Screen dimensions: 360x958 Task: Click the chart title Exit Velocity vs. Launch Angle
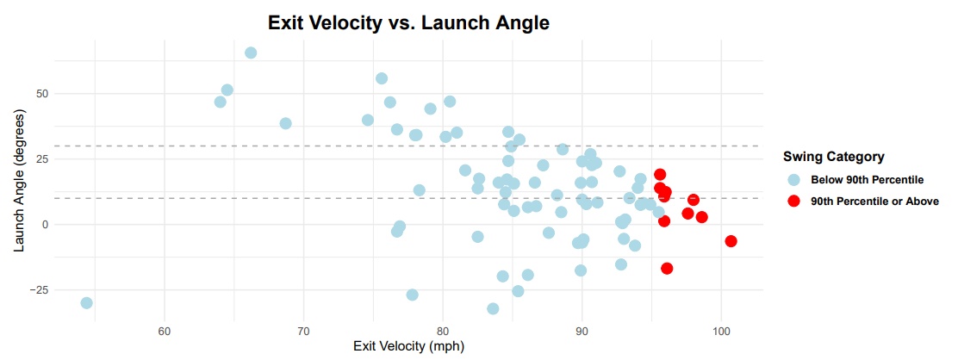[x=408, y=22]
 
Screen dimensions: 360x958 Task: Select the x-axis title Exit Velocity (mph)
[x=408, y=346]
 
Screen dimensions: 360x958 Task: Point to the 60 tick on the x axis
[x=164, y=330]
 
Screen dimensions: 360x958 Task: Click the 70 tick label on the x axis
[x=303, y=330]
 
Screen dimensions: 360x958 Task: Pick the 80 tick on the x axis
[x=443, y=330]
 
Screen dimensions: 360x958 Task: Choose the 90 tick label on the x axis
[x=582, y=330]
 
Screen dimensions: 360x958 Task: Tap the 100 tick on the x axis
[x=721, y=330]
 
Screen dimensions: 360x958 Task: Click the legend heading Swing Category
[x=833, y=157]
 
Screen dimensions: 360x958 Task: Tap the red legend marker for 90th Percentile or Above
[x=793, y=202]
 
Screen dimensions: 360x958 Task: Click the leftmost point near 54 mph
[x=86, y=303]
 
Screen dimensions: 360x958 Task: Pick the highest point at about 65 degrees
[x=251, y=53]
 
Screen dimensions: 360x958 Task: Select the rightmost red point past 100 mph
[x=731, y=241]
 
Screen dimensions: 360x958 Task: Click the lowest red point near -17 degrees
[x=667, y=269]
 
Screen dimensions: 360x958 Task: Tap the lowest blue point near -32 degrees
[x=493, y=308]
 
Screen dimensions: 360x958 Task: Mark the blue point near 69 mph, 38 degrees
[x=286, y=123]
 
